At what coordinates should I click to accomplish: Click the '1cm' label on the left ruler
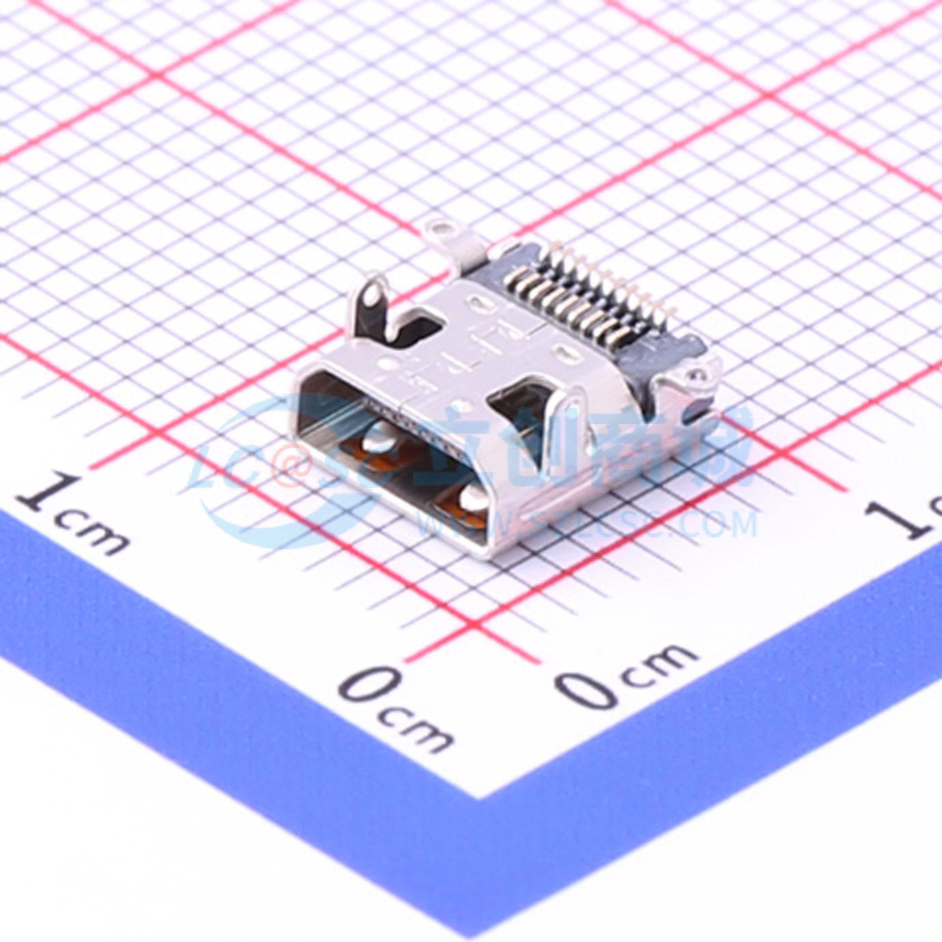click(72, 515)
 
